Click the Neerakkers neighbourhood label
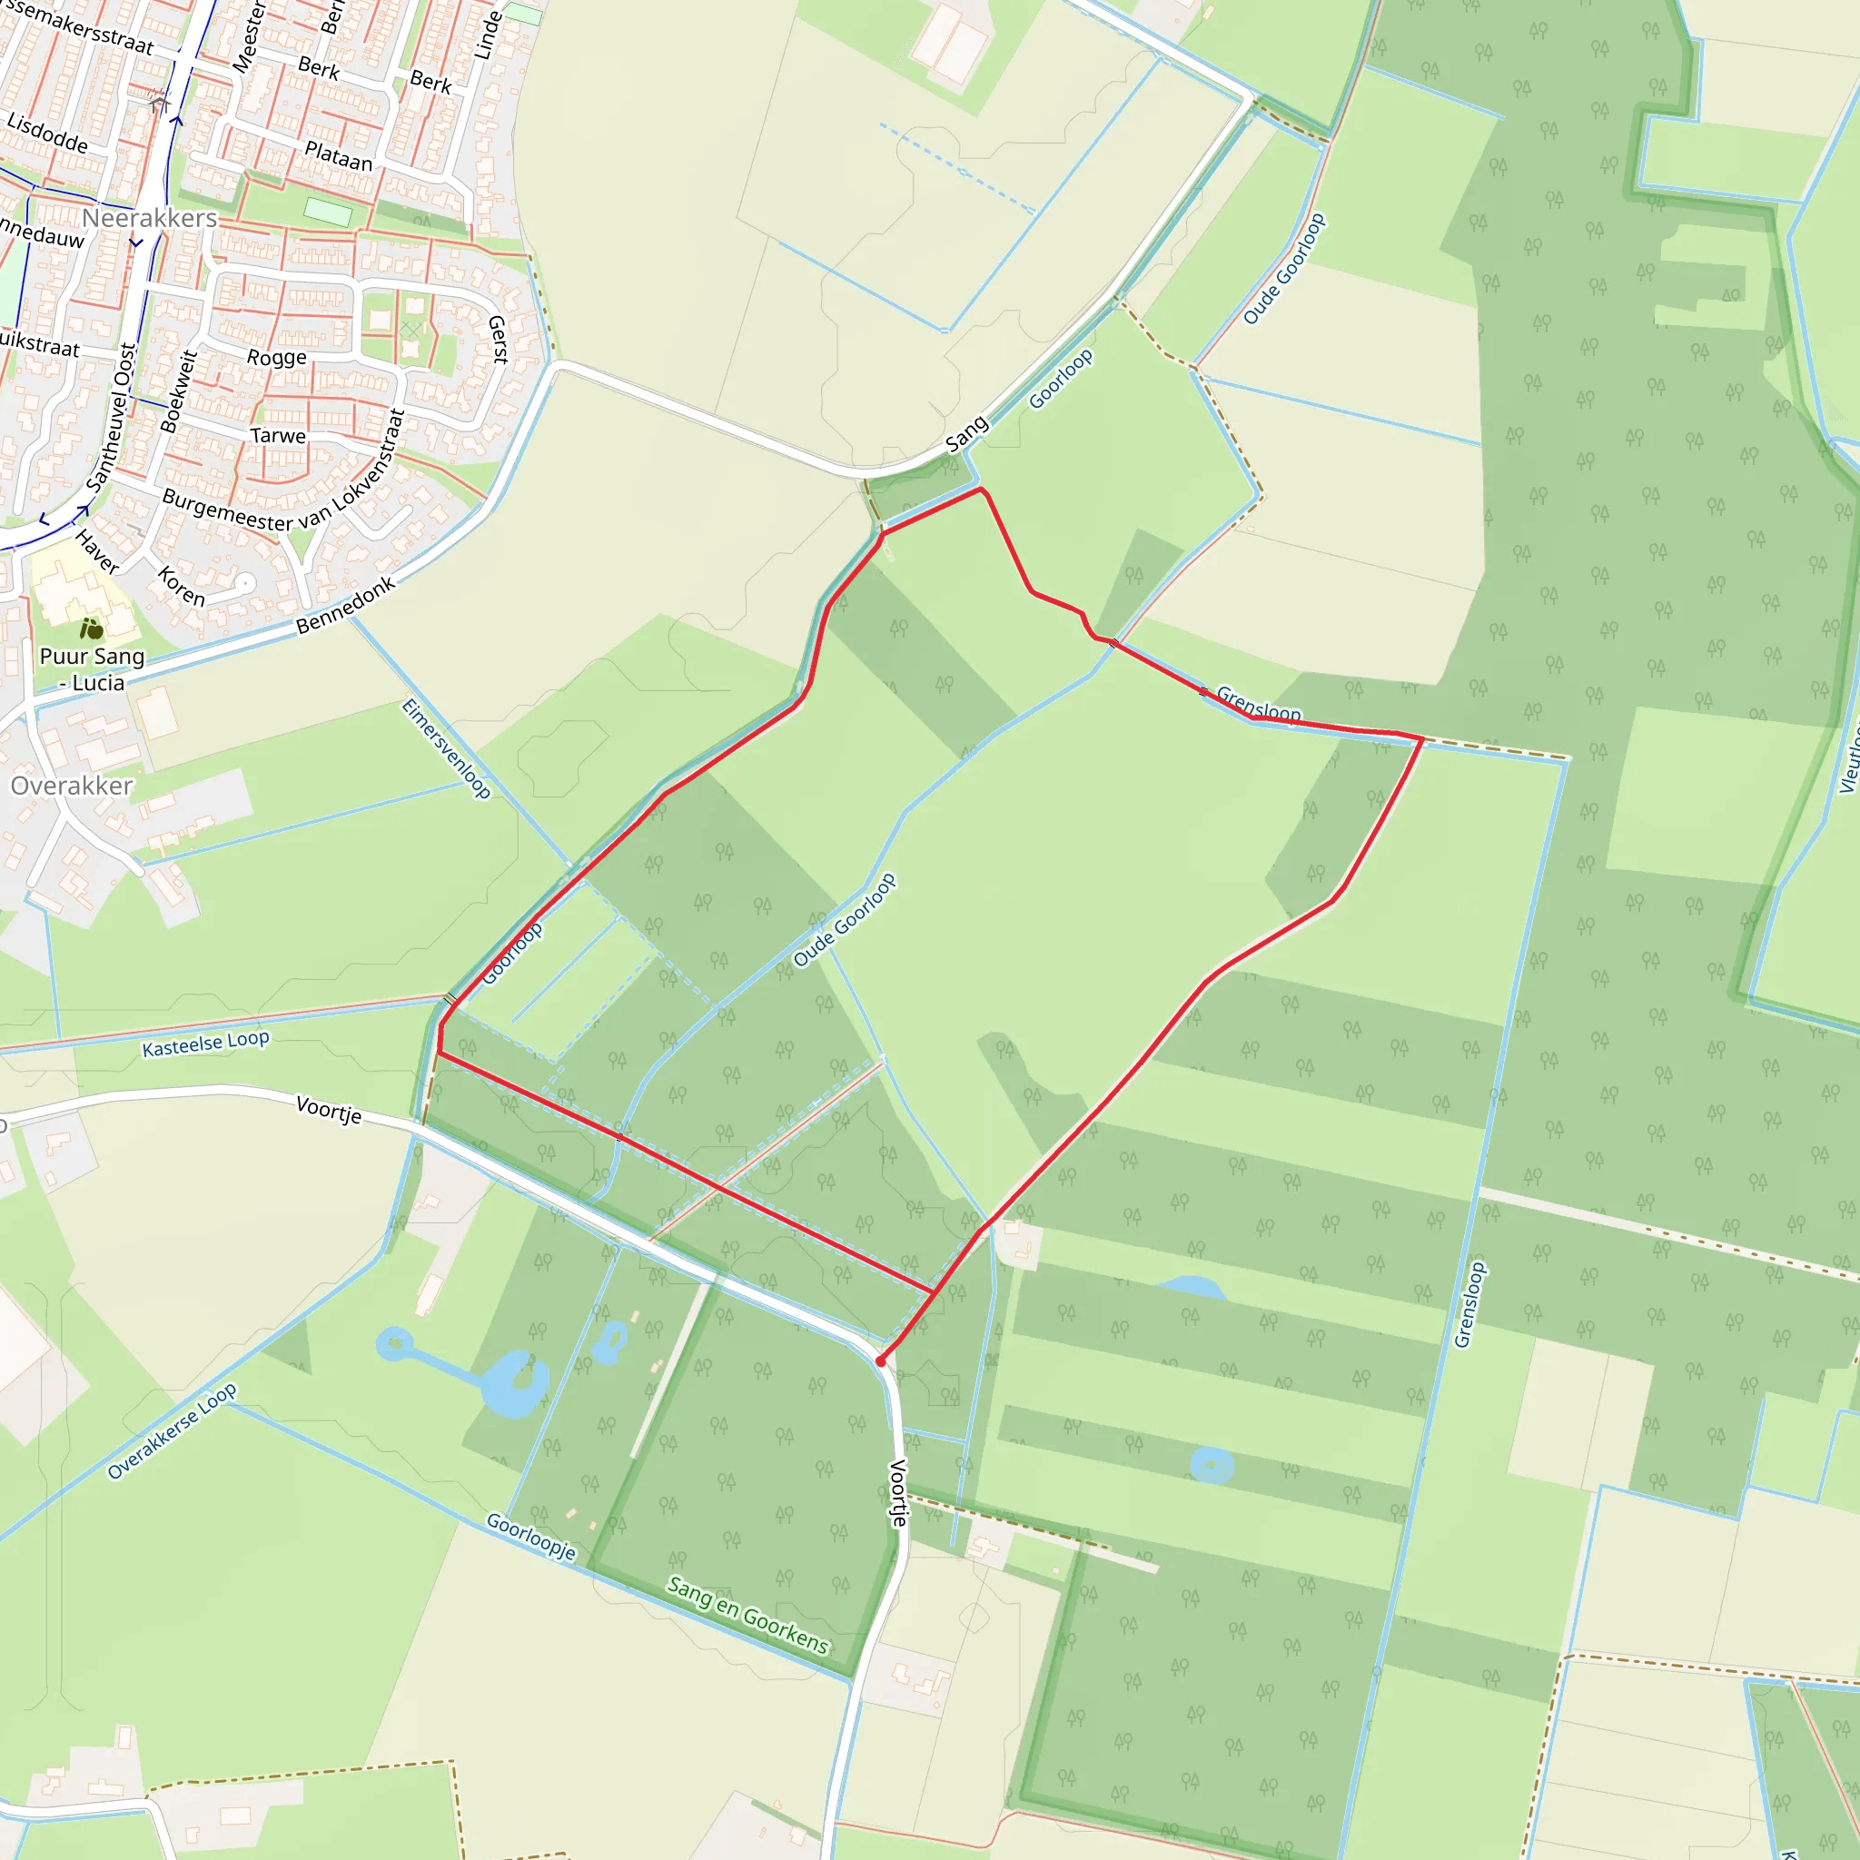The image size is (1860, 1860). tap(149, 219)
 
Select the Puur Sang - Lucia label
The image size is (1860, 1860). tap(93, 669)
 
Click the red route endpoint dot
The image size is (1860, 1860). tap(881, 1361)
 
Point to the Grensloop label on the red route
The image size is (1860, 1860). tap(1258, 704)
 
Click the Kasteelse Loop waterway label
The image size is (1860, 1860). tap(206, 1044)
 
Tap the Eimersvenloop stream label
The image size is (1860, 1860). tap(446, 748)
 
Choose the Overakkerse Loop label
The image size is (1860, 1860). tap(173, 1431)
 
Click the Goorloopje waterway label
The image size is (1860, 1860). tap(530, 1536)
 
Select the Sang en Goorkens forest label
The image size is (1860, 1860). tap(748, 1615)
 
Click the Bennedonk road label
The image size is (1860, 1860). tap(346, 606)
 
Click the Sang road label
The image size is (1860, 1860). tap(966, 433)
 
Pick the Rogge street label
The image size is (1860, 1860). tap(277, 358)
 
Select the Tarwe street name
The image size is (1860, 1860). tap(278, 436)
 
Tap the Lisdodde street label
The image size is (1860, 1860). tap(47, 133)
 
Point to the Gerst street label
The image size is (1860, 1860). tap(498, 339)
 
